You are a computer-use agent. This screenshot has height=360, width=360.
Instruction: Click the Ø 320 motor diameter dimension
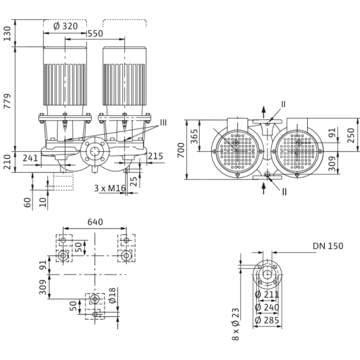65,26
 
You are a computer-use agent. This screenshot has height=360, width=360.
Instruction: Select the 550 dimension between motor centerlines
95,34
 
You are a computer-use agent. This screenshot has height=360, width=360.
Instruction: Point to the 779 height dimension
7,101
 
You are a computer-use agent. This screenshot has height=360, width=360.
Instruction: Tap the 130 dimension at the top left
7,34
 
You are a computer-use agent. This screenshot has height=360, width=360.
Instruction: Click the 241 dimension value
31,158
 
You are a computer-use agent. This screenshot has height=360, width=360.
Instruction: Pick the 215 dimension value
155,157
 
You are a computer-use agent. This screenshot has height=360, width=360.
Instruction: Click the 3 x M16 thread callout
110,188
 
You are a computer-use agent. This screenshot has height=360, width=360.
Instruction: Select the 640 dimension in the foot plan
95,222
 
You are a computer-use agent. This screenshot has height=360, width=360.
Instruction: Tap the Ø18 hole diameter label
113,296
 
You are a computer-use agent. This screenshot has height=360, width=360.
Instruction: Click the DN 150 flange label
328,246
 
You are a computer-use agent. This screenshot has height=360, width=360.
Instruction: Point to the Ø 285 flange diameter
267,320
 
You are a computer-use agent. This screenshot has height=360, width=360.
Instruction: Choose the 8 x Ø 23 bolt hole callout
236,324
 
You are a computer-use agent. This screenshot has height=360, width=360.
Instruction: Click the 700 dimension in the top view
181,150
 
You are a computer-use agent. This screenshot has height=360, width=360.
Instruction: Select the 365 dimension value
194,136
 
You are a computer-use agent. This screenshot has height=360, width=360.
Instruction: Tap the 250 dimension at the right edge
351,136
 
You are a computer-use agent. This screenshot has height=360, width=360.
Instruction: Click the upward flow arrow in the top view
264,112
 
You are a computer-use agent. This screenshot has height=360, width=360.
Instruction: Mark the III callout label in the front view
163,122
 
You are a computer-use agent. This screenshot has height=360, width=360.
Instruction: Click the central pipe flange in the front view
95,152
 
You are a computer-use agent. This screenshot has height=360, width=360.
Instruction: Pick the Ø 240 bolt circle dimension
267,307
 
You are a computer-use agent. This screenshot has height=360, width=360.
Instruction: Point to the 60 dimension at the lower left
28,203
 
